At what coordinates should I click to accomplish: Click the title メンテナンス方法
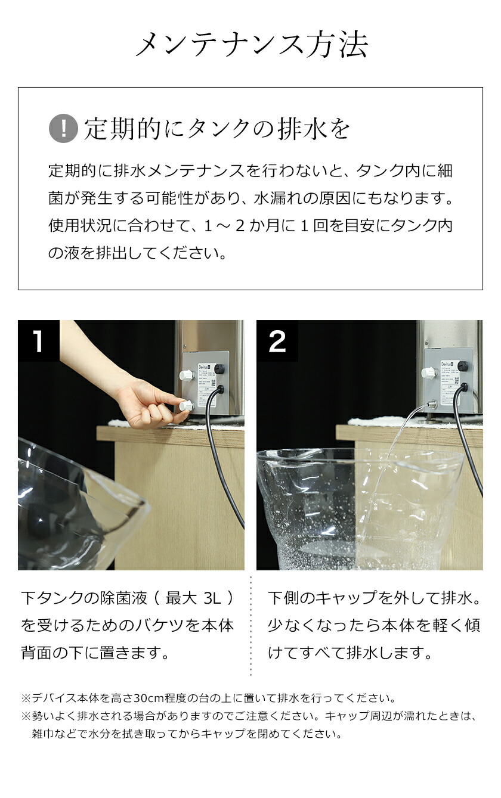point(250,45)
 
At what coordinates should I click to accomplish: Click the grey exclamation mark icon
point(63,129)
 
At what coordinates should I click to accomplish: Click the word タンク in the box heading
point(222,129)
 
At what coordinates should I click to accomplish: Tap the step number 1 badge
point(38,341)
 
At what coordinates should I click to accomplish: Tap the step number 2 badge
point(277,341)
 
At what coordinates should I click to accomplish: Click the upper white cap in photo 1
point(186,375)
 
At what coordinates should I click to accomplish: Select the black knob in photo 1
point(219,369)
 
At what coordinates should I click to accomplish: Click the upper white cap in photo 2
point(428,373)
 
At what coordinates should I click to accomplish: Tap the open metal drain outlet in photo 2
point(431,405)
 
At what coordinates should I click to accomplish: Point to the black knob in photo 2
point(462,367)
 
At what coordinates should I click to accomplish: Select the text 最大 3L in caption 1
point(199,598)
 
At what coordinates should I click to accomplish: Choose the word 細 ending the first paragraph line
point(444,171)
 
